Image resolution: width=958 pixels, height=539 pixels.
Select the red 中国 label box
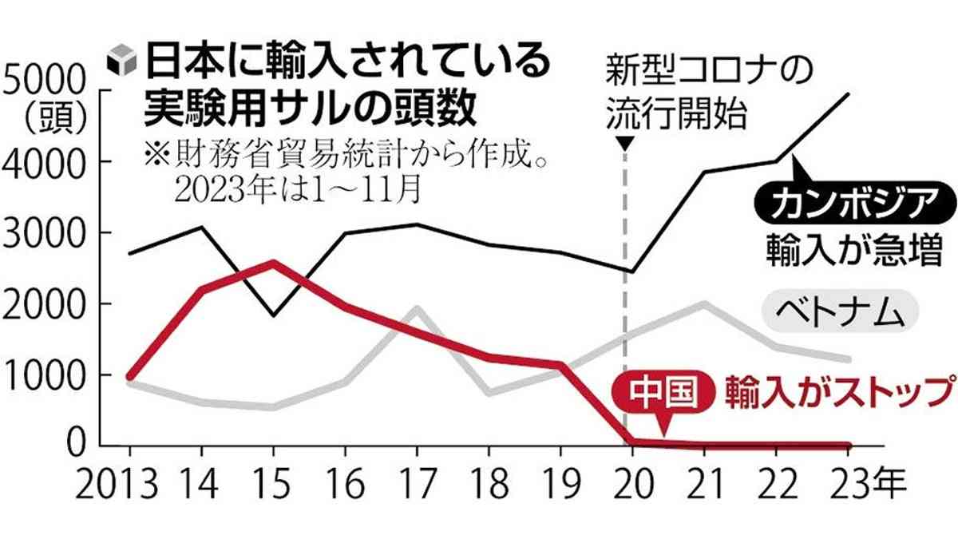(x=659, y=391)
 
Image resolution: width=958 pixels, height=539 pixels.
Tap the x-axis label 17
(x=417, y=484)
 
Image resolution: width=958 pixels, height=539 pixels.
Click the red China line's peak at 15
(x=273, y=262)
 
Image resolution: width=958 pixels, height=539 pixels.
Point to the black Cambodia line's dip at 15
(x=273, y=315)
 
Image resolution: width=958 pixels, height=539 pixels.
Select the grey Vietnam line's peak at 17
(x=416, y=308)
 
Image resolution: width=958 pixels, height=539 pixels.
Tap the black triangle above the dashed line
(x=626, y=144)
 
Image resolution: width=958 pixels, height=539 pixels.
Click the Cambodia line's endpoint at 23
(x=848, y=94)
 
